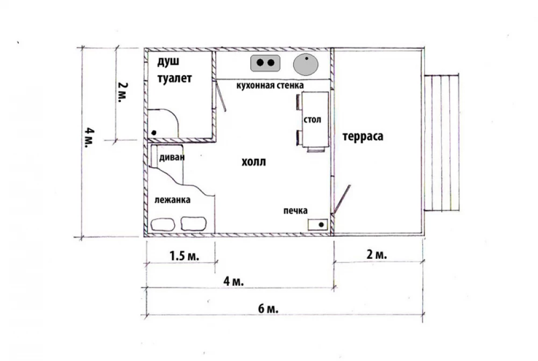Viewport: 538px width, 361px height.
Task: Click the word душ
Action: pyautogui.click(x=168, y=62)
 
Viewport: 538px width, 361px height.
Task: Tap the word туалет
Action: pyautogui.click(x=174, y=78)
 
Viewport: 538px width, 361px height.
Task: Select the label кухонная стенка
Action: pyautogui.click(x=270, y=85)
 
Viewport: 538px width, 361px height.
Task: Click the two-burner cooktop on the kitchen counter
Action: pyautogui.click(x=265, y=63)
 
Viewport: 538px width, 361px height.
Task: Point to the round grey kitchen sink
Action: pyautogui.click(x=306, y=65)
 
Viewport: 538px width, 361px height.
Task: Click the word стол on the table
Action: pyautogui.click(x=312, y=120)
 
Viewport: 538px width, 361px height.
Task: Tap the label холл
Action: pyautogui.click(x=253, y=161)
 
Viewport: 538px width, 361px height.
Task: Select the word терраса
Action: pyautogui.click(x=363, y=136)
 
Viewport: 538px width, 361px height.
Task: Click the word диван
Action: pyautogui.click(x=172, y=157)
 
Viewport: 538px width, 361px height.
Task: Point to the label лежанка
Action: pyautogui.click(x=172, y=200)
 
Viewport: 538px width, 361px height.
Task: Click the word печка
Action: pyautogui.click(x=295, y=210)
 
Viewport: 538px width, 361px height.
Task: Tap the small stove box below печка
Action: pyautogui.click(x=318, y=225)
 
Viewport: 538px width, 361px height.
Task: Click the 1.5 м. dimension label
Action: pyautogui.click(x=184, y=256)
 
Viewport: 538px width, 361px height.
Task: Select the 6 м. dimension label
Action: pyautogui.click(x=268, y=309)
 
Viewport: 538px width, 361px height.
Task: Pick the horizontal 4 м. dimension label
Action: pyautogui.click(x=233, y=281)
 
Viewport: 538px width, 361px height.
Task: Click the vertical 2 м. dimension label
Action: pyautogui.click(x=123, y=92)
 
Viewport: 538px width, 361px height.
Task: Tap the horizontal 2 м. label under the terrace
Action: pyautogui.click(x=377, y=254)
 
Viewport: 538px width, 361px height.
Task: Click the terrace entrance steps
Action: pyautogui.click(x=442, y=143)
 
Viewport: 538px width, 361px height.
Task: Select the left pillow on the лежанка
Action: pyautogui.click(x=162, y=224)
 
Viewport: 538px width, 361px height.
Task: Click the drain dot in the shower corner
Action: pyautogui.click(x=154, y=133)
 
